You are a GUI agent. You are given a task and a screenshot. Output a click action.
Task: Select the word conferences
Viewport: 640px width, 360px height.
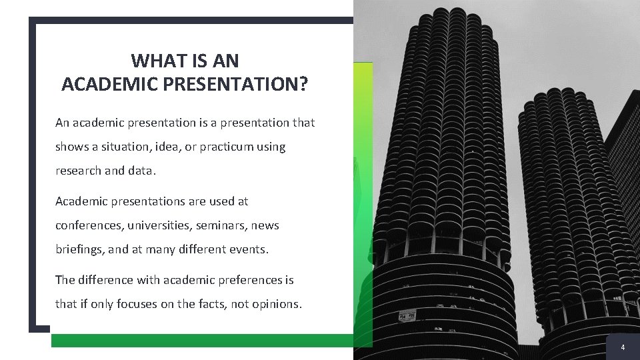click(x=87, y=225)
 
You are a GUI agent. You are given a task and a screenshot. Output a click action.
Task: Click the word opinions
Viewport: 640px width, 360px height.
click(x=279, y=304)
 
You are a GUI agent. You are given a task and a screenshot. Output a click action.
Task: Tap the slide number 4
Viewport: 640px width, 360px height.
click(x=623, y=347)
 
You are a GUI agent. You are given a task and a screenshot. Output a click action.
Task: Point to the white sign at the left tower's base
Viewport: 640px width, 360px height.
click(x=407, y=315)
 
